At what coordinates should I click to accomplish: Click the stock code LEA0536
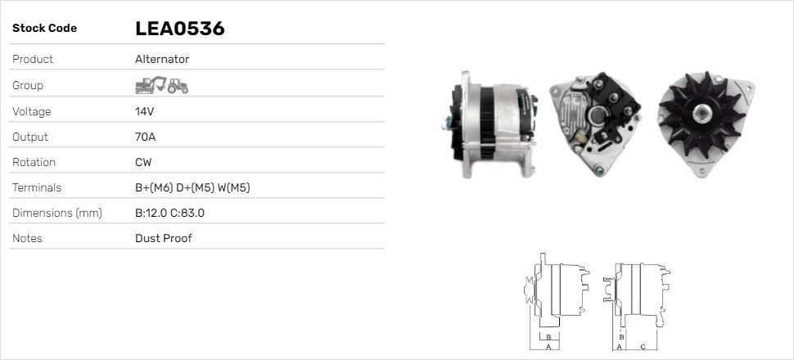tap(179, 29)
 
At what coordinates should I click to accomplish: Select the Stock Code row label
tap(44, 29)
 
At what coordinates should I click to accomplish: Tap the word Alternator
tap(162, 60)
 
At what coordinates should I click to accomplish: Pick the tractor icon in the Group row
tap(178, 85)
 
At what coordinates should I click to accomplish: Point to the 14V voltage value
tap(145, 111)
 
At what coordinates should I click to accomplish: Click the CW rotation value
tap(143, 163)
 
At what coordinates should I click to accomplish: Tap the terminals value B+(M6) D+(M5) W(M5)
tap(192, 188)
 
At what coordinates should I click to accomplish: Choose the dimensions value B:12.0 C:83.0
tap(169, 214)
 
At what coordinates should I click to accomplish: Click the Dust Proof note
tap(164, 239)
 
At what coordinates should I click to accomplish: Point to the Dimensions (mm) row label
tap(56, 214)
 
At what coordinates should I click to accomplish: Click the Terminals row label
tap(37, 188)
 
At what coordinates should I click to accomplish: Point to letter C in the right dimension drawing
tap(643, 347)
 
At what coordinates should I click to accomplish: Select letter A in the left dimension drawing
tap(548, 347)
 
